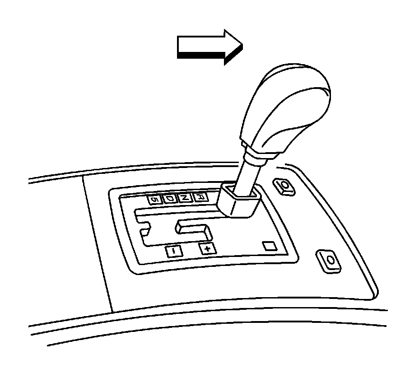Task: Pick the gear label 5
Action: point(154,199)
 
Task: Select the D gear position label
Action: point(169,198)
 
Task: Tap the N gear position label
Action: point(184,198)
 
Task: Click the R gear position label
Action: point(200,197)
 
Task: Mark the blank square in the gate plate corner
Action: point(270,246)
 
